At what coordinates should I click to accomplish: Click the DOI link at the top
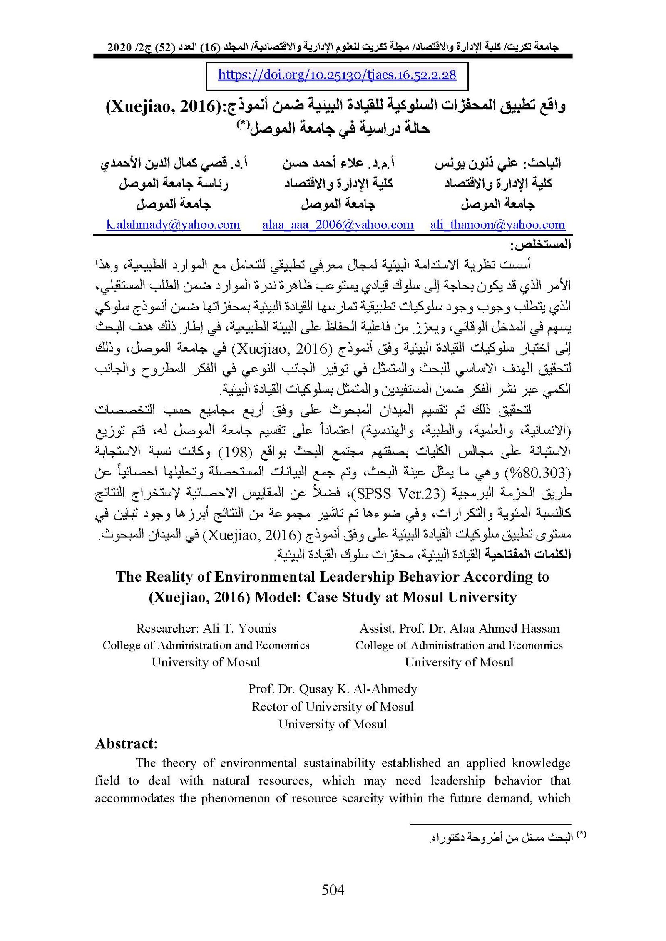(337, 75)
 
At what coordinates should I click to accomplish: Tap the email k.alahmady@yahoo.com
(173, 225)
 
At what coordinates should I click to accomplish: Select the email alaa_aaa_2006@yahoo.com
(338, 225)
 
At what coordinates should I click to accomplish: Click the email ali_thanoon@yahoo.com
(497, 225)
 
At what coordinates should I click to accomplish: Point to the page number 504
(333, 890)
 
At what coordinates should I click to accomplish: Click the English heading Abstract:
(126, 743)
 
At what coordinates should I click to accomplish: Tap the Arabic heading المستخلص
(541, 245)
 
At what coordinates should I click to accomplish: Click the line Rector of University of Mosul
(333, 706)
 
